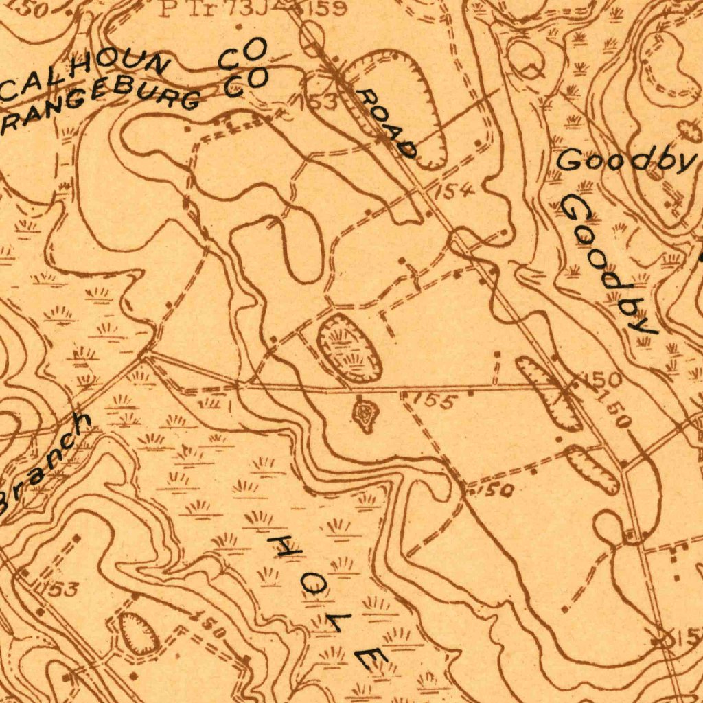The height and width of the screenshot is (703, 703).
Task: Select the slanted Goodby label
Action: pos(608,264)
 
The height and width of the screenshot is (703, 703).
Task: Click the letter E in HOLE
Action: pos(371,658)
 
